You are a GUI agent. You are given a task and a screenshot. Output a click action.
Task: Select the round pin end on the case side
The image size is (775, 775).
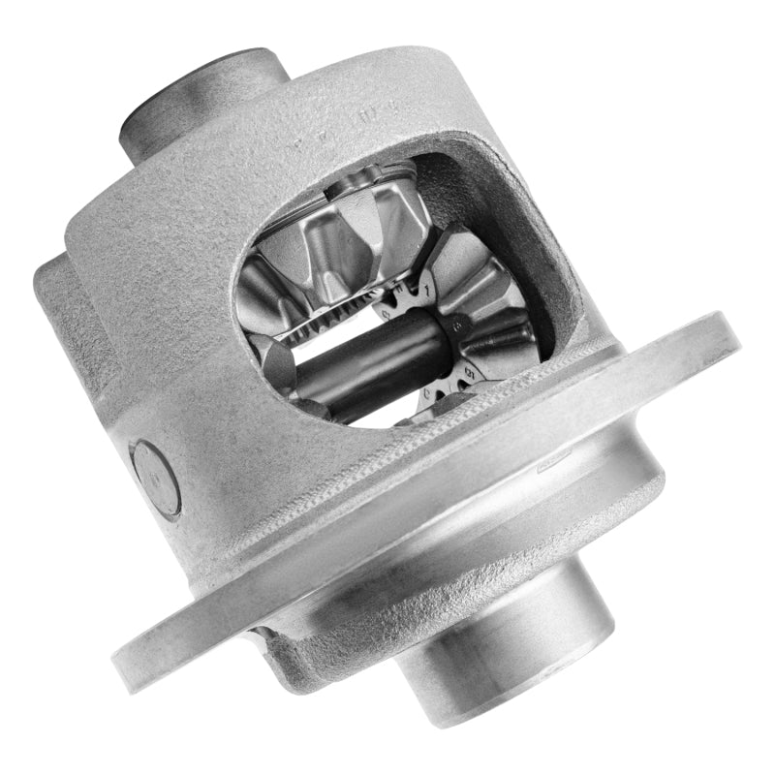pos(156,475)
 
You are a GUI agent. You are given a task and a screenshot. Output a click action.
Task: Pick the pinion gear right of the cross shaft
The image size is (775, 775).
pos(484,329)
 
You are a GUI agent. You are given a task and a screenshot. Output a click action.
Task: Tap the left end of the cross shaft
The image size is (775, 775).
pos(291,363)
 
